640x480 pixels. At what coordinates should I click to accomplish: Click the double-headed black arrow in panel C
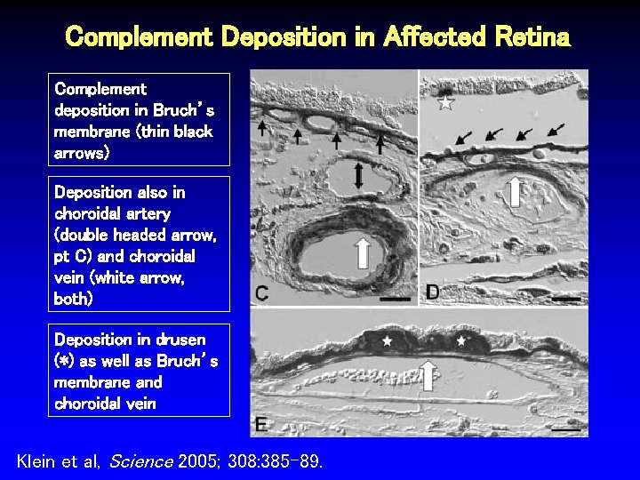click(x=358, y=176)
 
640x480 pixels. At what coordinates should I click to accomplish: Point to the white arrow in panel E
click(x=429, y=376)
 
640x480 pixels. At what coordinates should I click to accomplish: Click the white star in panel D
click(x=445, y=103)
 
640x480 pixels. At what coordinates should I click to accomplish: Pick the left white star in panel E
click(x=387, y=340)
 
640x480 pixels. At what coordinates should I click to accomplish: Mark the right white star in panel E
click(x=460, y=340)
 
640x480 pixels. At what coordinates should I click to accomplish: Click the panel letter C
click(x=262, y=292)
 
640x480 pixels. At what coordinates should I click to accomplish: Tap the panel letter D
click(x=433, y=292)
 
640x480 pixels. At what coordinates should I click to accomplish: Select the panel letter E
click(x=260, y=425)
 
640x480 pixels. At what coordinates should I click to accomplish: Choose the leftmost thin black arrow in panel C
click(x=262, y=130)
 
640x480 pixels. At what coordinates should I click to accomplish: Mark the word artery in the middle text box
click(x=148, y=213)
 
